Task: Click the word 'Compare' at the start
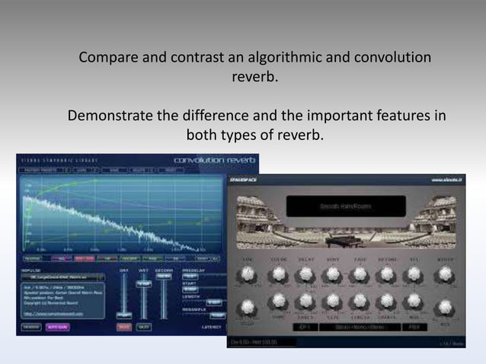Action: point(107,58)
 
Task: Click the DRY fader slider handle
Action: point(121,315)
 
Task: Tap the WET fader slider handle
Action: point(143,283)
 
